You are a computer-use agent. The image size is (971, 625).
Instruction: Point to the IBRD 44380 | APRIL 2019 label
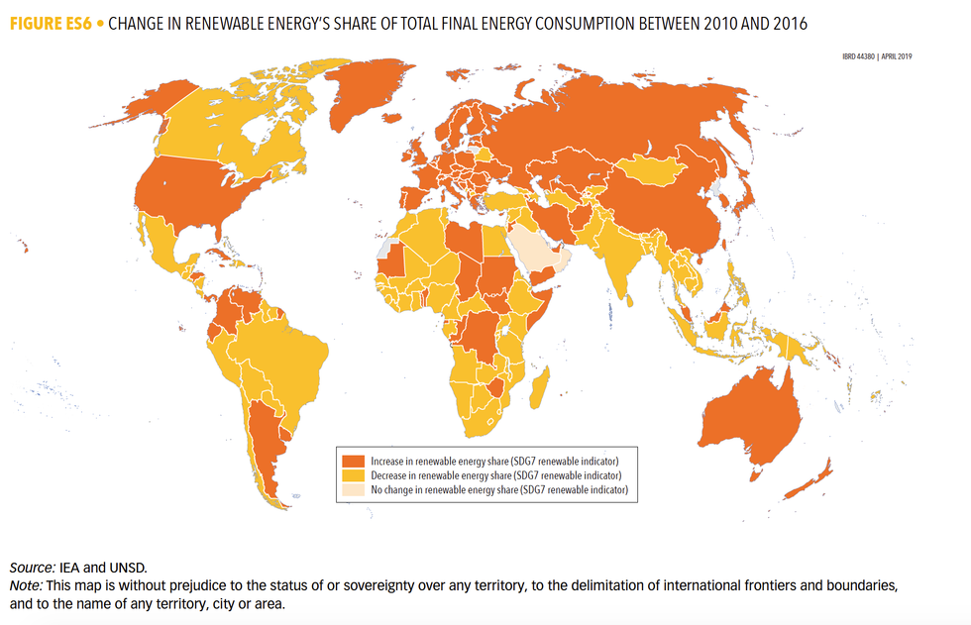[875, 56]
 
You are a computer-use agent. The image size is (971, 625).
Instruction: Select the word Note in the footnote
[27, 585]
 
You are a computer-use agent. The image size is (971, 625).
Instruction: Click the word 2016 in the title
[788, 23]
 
